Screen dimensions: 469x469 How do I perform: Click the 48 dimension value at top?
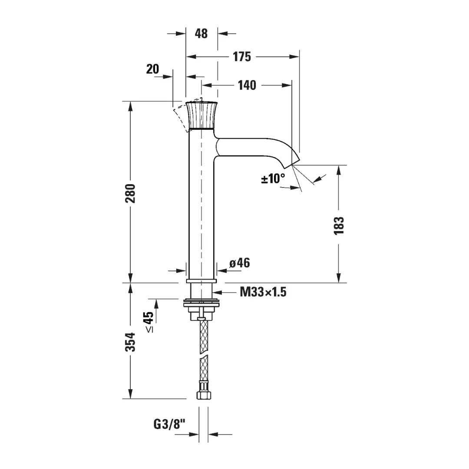click(201, 33)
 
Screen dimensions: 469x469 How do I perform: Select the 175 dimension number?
click(242, 56)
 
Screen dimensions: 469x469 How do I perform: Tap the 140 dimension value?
click(247, 85)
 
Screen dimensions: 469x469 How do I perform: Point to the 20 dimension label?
click(152, 69)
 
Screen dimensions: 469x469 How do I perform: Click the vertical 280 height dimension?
click(130, 194)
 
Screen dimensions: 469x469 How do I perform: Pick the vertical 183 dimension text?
click(339, 226)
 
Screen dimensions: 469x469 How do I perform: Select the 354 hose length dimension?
click(130, 342)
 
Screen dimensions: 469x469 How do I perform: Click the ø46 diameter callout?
click(240, 263)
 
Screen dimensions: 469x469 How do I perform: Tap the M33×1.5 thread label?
click(263, 292)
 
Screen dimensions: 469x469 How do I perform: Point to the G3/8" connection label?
click(169, 424)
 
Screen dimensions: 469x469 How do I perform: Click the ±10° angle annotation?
click(273, 178)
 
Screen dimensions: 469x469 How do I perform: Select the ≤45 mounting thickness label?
click(149, 322)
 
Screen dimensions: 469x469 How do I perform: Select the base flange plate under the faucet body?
click(201, 281)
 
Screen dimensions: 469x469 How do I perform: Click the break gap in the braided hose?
click(204, 354)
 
